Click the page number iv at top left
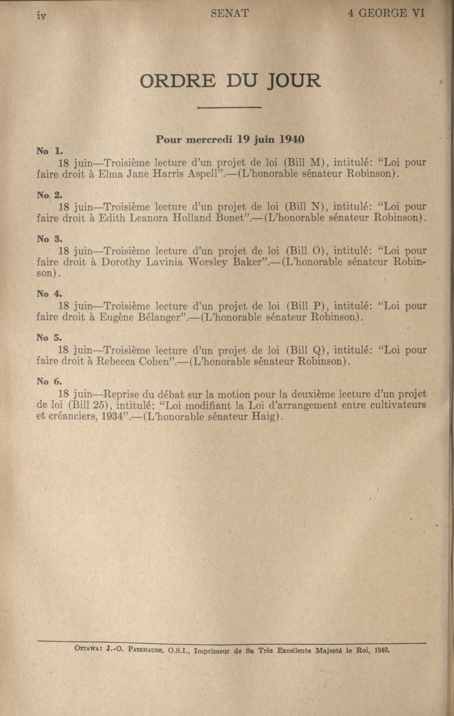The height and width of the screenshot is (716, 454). point(41,15)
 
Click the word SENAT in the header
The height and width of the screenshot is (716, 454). point(229,13)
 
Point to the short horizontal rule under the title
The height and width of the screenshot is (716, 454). point(229,107)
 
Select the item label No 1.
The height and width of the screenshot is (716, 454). point(49,151)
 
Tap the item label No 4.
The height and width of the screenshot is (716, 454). point(49,294)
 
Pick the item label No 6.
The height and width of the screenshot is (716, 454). point(49,382)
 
